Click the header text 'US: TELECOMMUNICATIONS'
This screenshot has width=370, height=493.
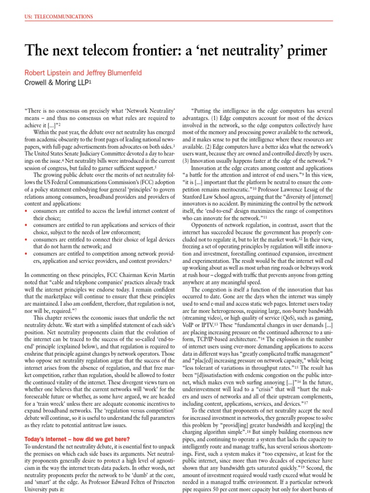58,17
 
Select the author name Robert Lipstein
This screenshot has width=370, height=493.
48,73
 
